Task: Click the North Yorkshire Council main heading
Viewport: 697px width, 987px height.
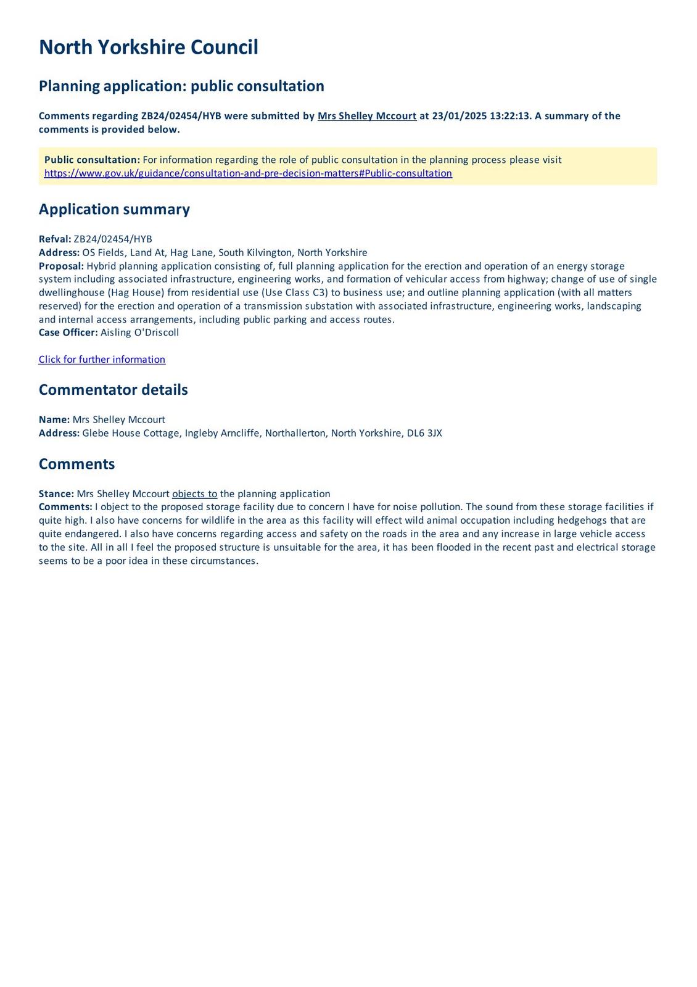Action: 148,47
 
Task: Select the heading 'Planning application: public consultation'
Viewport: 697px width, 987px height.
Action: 181,86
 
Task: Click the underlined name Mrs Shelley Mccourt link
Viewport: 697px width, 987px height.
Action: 366,116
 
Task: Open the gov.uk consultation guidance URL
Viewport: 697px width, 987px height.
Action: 248,173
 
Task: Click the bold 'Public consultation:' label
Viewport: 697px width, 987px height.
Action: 92,160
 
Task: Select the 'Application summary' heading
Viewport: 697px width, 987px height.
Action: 114,209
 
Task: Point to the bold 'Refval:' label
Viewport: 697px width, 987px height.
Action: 55,239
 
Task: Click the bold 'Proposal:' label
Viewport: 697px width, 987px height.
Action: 61,266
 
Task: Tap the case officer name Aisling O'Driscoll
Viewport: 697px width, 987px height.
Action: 139,332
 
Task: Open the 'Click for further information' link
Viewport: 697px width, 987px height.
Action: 102,360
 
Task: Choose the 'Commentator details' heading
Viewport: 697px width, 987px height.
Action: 113,390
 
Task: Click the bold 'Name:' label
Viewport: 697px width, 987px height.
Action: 54,419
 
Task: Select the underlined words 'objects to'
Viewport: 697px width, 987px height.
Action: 194,493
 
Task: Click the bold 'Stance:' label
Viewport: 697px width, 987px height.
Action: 56,493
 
